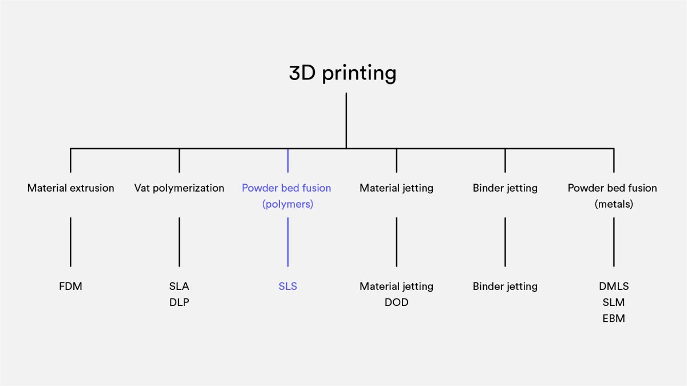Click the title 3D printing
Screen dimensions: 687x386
tap(342, 74)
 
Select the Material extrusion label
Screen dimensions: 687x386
tap(70, 188)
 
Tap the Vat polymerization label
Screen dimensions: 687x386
tap(179, 188)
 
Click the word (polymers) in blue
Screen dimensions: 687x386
tap(287, 204)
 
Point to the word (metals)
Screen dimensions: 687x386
tap(614, 204)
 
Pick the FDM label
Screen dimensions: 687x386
tap(70, 286)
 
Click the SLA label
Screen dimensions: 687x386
tap(179, 286)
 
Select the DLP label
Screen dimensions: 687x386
tap(179, 303)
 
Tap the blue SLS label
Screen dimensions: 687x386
tap(287, 286)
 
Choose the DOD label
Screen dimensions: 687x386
tap(397, 303)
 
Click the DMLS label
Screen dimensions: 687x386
tap(614, 286)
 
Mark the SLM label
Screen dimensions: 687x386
tap(614, 303)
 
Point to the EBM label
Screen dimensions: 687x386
tap(614, 319)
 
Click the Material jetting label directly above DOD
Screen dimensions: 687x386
tap(397, 286)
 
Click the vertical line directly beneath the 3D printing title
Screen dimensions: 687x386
tap(346, 121)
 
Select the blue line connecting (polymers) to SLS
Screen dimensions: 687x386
tap(287, 242)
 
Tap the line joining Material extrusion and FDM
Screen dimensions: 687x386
tap(70, 242)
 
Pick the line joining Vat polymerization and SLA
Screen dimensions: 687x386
tap(179, 242)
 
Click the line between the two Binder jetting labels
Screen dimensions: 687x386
tap(505, 242)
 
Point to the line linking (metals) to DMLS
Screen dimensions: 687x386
tap(614, 242)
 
